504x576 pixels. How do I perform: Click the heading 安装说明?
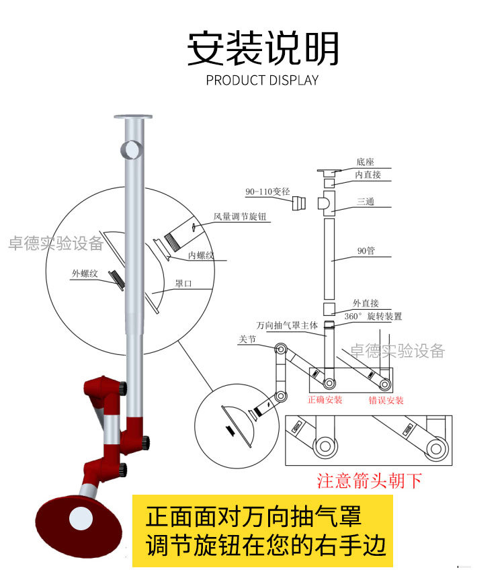coord(262,48)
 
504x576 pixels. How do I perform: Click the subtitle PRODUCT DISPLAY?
coord(262,81)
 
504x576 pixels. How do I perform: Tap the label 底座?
coord(365,162)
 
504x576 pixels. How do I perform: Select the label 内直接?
coord(368,175)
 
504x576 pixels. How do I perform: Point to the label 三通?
coord(366,201)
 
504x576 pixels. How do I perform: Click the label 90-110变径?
coord(267,192)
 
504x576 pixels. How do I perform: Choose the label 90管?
coord(366,251)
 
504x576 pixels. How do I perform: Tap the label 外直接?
coord(366,303)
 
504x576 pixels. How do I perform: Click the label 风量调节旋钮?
coord(239,217)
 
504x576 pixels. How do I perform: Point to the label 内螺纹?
coord(201,255)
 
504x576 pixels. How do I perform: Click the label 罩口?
coord(183,284)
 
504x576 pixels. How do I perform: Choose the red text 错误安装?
coord(386,400)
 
